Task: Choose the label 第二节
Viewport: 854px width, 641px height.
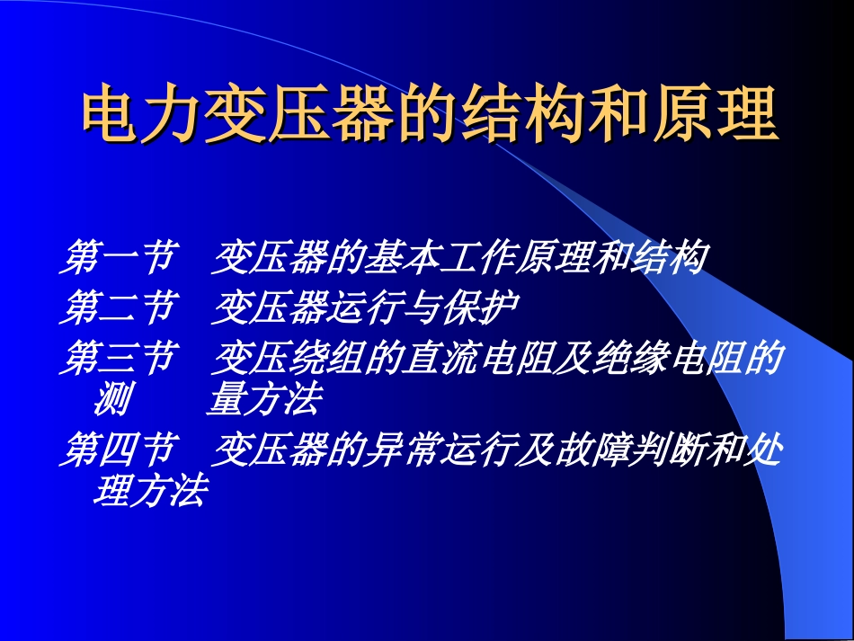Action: coord(116,309)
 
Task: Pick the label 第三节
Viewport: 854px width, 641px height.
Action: coord(116,359)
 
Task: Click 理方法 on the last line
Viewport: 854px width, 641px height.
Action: coord(149,492)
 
